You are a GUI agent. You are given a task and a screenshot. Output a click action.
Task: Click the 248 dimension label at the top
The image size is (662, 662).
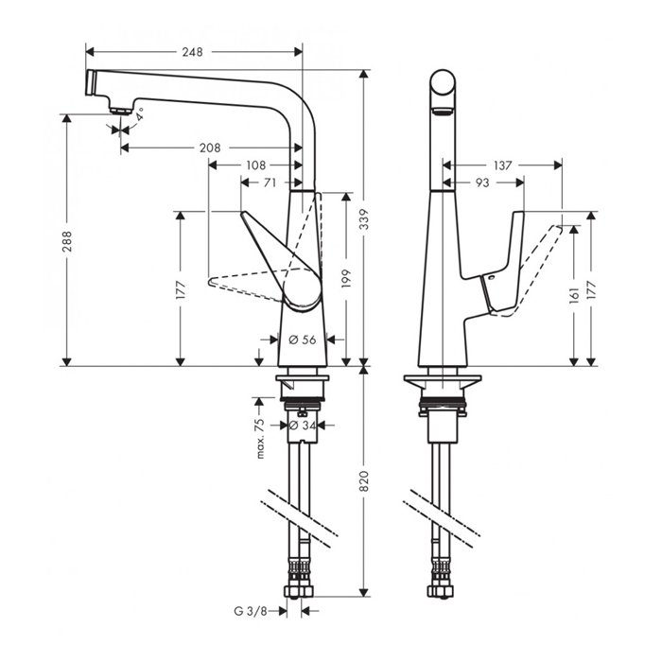pyautogui.click(x=194, y=51)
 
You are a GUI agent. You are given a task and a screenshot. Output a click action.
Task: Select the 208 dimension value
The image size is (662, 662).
pyautogui.click(x=211, y=148)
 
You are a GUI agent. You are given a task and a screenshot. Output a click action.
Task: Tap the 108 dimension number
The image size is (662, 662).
pyautogui.click(x=255, y=165)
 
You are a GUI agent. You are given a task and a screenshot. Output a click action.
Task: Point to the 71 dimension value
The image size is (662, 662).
pyautogui.click(x=270, y=182)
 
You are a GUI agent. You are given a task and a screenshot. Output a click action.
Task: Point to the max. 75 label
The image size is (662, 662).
pyautogui.click(x=260, y=438)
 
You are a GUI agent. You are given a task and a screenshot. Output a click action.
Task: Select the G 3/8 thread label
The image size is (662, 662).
pyautogui.click(x=252, y=611)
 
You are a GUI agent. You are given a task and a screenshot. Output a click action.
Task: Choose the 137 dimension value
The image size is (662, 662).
pyautogui.click(x=502, y=165)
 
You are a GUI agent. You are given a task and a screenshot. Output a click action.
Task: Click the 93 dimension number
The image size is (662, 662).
pyautogui.click(x=482, y=182)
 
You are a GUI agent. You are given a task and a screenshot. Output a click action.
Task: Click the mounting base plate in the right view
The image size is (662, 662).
pyautogui.click(x=442, y=381)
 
